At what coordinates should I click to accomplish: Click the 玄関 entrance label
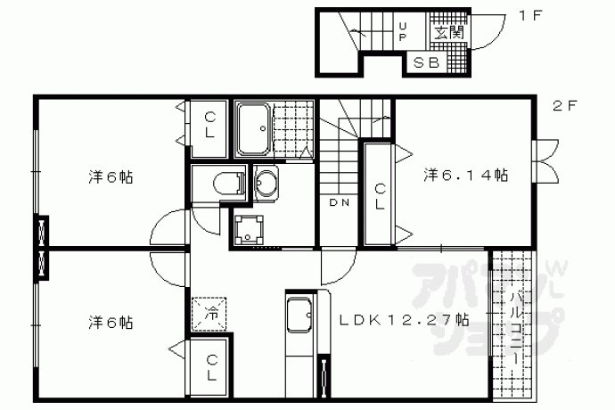click(x=448, y=33)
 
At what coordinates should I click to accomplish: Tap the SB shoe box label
click(x=426, y=62)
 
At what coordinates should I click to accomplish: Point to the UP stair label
click(x=403, y=32)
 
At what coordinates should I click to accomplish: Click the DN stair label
click(x=340, y=202)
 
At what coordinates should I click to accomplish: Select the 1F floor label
click(x=530, y=16)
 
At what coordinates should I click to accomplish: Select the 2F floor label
click(x=565, y=105)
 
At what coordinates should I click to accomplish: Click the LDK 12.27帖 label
click(x=404, y=320)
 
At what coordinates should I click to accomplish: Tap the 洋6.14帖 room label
click(x=465, y=175)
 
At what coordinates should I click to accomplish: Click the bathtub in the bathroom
click(x=254, y=128)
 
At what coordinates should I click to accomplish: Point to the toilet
click(x=229, y=183)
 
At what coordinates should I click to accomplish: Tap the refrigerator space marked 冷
click(x=209, y=315)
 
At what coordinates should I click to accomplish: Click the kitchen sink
click(x=299, y=315)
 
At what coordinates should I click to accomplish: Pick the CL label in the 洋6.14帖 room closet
click(x=380, y=197)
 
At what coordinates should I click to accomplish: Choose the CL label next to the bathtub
click(x=209, y=126)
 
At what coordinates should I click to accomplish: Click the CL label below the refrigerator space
click(x=211, y=367)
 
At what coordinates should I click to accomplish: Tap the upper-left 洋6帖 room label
click(x=111, y=177)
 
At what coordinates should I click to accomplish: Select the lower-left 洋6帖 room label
click(x=111, y=323)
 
